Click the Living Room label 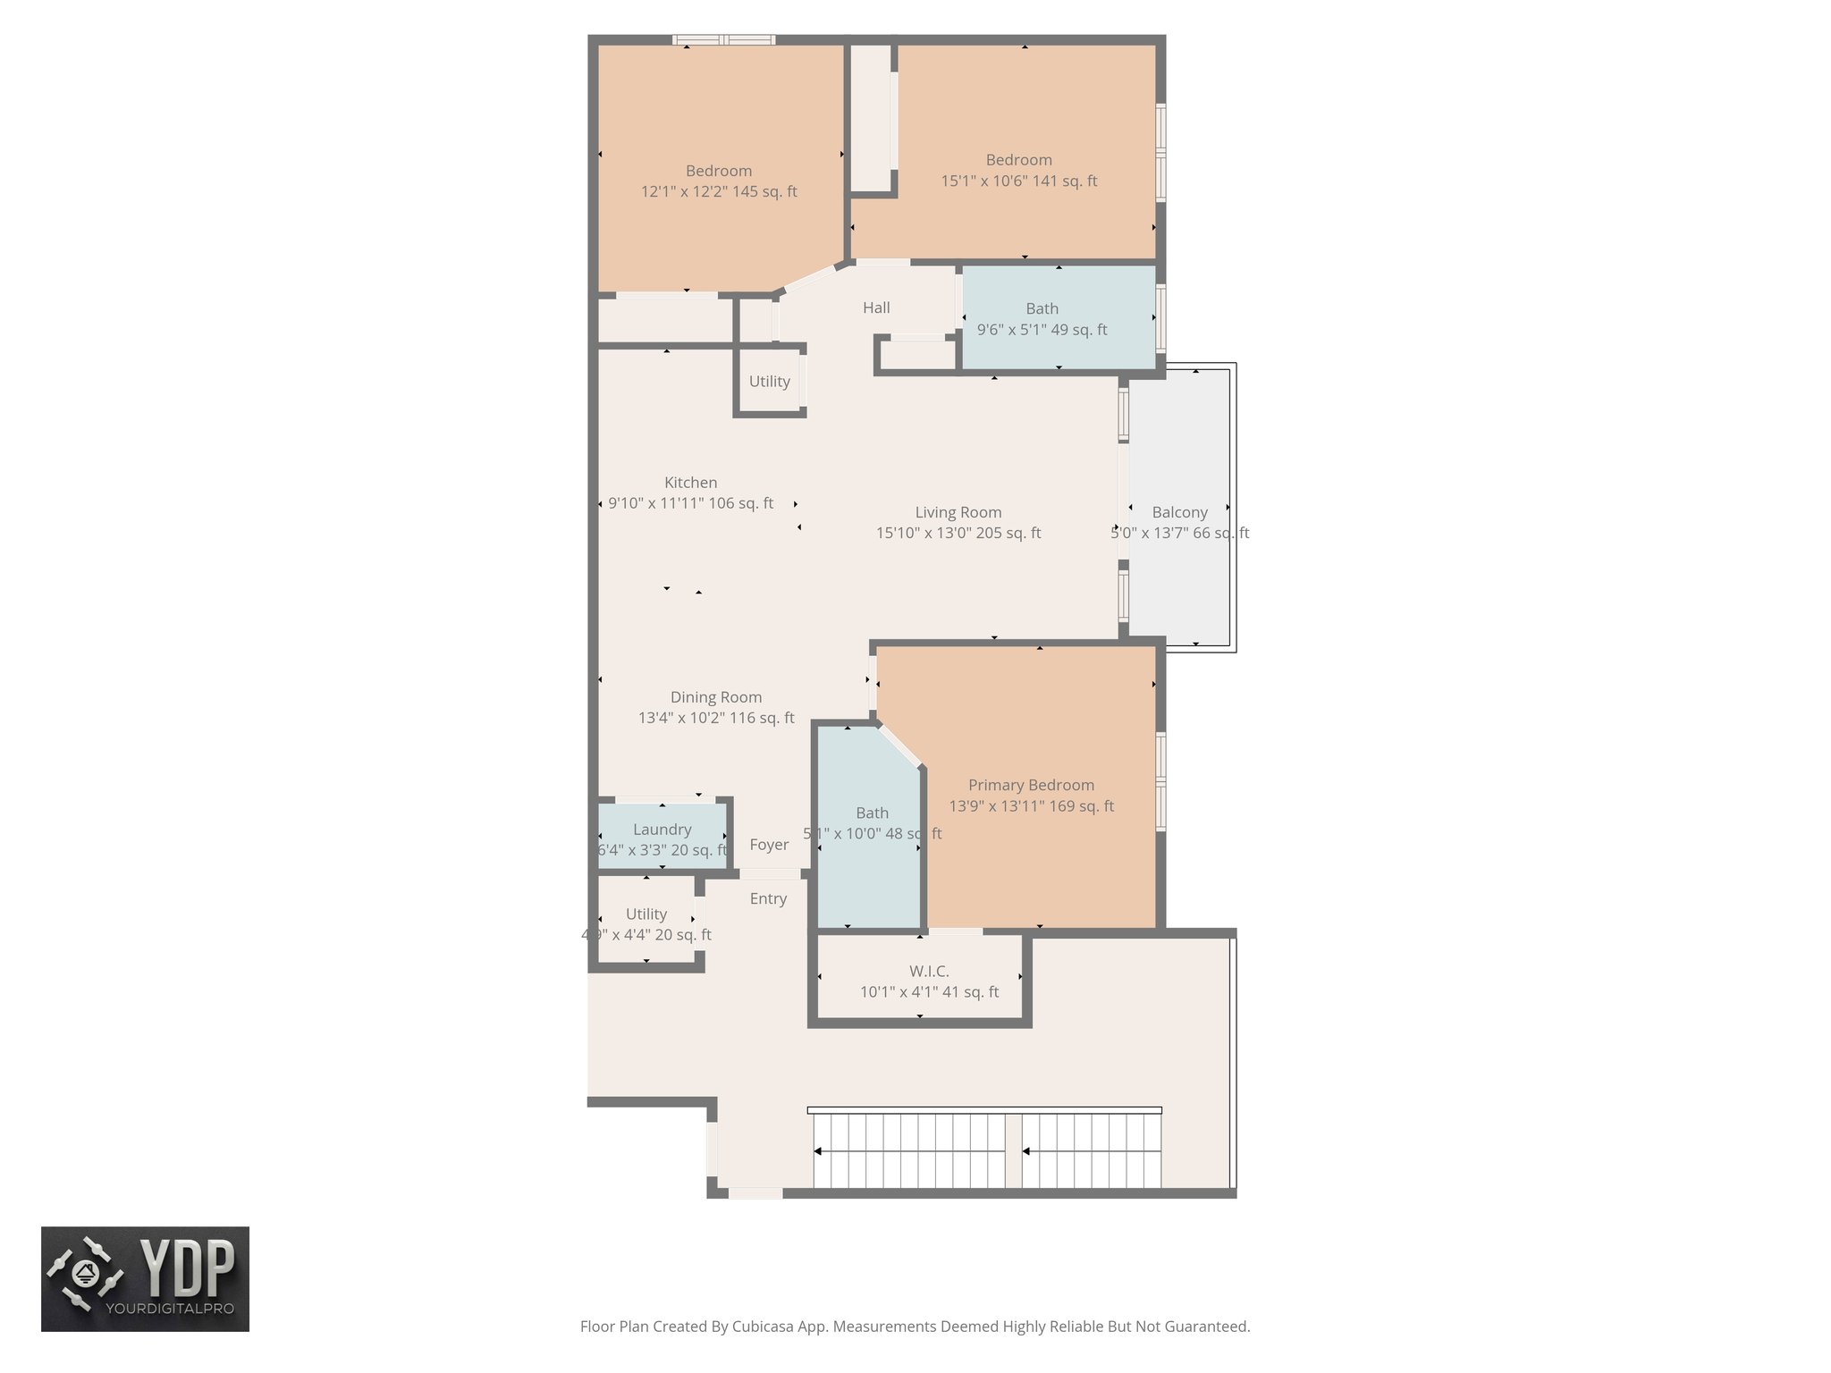tap(958, 512)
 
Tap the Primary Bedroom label tap(1031, 785)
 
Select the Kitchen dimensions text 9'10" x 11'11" tap(690, 503)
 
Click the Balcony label tap(1179, 512)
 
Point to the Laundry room tap(662, 838)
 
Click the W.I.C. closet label tap(929, 971)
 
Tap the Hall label tap(876, 307)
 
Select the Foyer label tap(769, 845)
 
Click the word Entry tap(768, 898)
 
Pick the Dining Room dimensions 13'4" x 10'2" tap(715, 718)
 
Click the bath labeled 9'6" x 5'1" tap(1042, 319)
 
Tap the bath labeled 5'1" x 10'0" tap(872, 823)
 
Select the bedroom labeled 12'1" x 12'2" tap(719, 181)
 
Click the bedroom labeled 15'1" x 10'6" tap(1018, 170)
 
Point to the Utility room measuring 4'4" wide tap(645, 923)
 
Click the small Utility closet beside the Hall tap(769, 382)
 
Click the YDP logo tap(145, 1278)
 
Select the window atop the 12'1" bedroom tap(723, 39)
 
